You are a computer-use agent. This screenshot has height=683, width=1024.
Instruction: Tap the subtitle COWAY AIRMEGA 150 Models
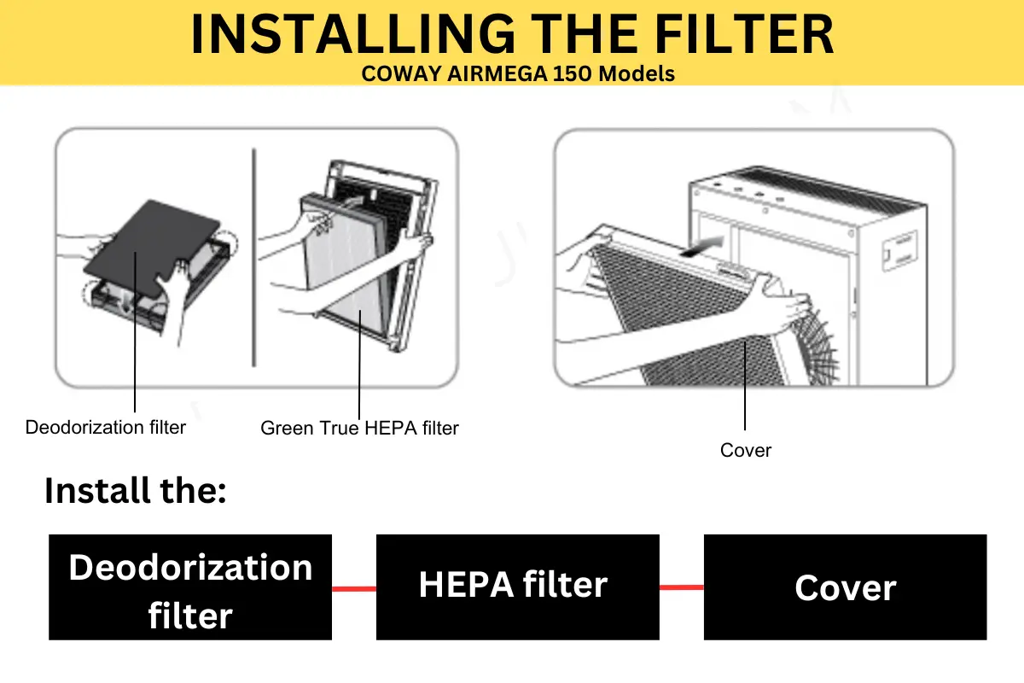pyautogui.click(x=518, y=73)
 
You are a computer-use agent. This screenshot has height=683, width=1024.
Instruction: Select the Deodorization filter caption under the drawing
pyautogui.click(x=105, y=427)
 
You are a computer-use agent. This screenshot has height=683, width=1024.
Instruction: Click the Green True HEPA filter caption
pyautogui.click(x=359, y=428)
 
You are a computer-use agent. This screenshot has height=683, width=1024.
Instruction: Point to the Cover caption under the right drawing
pyautogui.click(x=745, y=450)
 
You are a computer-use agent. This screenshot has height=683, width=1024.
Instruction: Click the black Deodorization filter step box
pyautogui.click(x=190, y=587)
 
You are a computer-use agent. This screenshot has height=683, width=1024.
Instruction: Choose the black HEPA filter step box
pyautogui.click(x=517, y=587)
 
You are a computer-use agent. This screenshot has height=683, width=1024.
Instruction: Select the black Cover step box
pyautogui.click(x=845, y=587)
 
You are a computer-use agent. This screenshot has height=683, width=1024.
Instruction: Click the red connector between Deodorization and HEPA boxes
pyautogui.click(x=353, y=587)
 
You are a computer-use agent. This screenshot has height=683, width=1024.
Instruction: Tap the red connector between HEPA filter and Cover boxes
pyautogui.click(x=681, y=587)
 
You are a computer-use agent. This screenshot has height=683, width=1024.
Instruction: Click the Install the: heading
pyautogui.click(x=135, y=491)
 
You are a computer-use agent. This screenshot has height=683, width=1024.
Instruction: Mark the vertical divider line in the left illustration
pyautogui.click(x=253, y=256)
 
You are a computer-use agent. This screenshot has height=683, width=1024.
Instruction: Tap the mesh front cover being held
pyautogui.click(x=683, y=324)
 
